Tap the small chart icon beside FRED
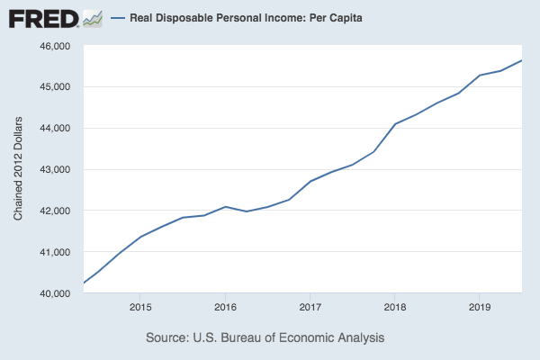pos(91,17)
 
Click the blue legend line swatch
pos(117,18)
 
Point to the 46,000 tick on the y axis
pos(57,46)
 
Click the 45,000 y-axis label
pos(57,87)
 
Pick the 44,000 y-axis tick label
pos(57,129)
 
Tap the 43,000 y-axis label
pos(57,170)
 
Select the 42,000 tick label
pos(57,211)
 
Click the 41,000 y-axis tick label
pos(57,253)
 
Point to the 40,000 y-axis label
pos(57,294)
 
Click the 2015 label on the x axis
pos(139,309)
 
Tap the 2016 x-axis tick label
pos(225,309)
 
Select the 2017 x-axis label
pos(310,309)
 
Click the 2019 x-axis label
pos(479,309)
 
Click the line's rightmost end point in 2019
pos(522,60)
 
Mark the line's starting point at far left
pos(83,283)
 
